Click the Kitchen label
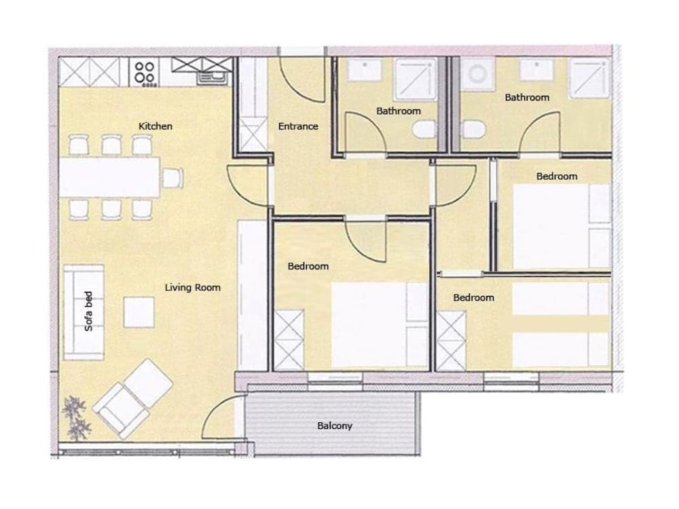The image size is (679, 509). pos(155,126)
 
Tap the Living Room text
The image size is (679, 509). pos(193,288)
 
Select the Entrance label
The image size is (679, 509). pos(298,126)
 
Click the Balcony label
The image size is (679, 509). pos(335,426)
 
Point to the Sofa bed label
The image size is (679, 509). pos(88,312)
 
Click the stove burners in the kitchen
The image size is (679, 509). pos(144,73)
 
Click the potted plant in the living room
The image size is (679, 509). pos(76,418)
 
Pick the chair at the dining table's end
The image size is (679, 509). pos(173,178)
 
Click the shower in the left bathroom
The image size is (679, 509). pos(414,80)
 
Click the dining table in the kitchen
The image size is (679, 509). pos(113,178)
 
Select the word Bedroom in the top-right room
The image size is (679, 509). pos(557,176)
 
